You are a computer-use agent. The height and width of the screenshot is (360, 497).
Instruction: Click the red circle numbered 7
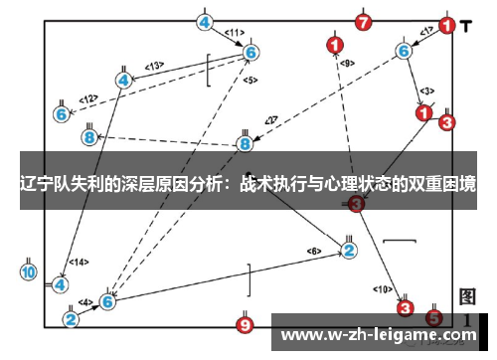click(x=364, y=21)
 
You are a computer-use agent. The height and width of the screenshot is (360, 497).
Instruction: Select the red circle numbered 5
click(x=434, y=318)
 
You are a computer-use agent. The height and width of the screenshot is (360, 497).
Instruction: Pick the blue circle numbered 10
click(x=28, y=271)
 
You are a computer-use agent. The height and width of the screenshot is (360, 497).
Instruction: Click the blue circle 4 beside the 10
click(x=61, y=284)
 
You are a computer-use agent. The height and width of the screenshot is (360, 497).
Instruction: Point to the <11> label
click(x=236, y=32)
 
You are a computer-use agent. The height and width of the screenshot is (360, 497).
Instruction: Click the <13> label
click(x=154, y=66)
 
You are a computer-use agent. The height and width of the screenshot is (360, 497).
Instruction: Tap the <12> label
click(x=89, y=98)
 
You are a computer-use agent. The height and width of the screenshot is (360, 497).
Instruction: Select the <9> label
click(x=347, y=64)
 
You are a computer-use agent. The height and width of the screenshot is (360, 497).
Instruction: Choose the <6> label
click(x=314, y=250)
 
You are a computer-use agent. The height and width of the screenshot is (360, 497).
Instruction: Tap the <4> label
click(x=85, y=302)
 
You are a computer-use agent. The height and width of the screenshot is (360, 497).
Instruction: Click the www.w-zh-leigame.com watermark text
click(x=382, y=334)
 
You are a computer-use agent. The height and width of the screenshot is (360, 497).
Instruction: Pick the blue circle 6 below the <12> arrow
click(x=61, y=114)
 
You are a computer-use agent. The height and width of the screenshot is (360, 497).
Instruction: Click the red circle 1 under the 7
click(x=335, y=45)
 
